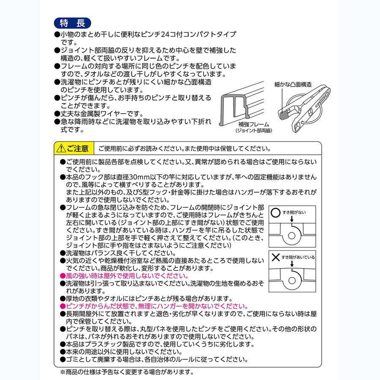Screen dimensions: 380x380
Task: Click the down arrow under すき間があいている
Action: click(x=291, y=265)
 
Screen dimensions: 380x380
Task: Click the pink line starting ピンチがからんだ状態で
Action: click(x=154, y=306)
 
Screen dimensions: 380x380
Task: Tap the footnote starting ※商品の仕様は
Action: click(x=127, y=372)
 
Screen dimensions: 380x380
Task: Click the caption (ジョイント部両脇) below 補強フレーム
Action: click(x=253, y=131)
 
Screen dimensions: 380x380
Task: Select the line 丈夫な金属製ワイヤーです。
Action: click(x=104, y=114)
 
